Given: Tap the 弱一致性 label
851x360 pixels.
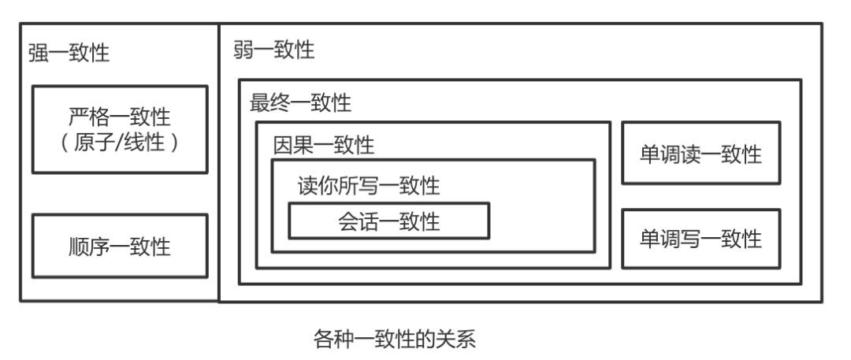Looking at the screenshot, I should point(273,51).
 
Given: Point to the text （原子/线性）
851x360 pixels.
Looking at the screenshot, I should point(120,145).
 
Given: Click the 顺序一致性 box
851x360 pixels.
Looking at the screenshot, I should point(120,247).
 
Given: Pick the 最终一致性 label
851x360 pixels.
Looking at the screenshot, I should point(300,102).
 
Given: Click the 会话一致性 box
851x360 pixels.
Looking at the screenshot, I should point(389,221).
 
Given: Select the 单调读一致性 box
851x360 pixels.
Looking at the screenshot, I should point(701,154).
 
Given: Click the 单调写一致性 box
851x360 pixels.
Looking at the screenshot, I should point(701,239).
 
